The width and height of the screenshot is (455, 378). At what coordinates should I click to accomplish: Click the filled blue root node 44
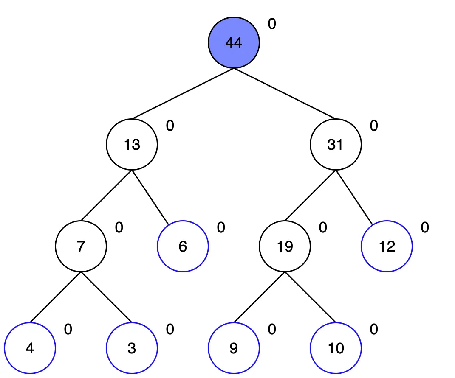[x=234, y=42]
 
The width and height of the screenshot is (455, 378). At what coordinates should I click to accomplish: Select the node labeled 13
[x=132, y=144]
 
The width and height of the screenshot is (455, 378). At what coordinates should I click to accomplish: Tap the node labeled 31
[x=336, y=144]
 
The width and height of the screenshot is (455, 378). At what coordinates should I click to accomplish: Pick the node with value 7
[x=81, y=246]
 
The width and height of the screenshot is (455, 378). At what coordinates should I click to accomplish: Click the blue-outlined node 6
[x=183, y=246]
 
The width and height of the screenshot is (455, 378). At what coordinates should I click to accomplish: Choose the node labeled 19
[x=285, y=246]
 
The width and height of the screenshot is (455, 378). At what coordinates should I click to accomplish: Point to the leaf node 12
[x=387, y=246]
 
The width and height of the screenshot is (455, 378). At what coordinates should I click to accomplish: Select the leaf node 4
[x=30, y=348]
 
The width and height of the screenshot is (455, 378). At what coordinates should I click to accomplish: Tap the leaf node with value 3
[x=132, y=348]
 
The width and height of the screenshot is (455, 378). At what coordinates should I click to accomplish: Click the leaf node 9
[x=234, y=348]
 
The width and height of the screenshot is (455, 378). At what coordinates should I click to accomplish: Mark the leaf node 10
[x=336, y=348]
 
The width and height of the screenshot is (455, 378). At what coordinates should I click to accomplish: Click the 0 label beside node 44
[x=272, y=24]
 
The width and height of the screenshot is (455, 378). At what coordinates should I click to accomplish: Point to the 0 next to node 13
[x=170, y=126]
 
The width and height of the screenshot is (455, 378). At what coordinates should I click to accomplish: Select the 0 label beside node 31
[x=374, y=126]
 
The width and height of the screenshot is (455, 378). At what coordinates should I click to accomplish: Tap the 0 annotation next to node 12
[x=425, y=227]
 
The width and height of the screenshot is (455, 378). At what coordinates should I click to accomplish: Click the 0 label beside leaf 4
[x=68, y=329]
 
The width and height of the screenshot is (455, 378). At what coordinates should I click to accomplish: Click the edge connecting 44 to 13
[x=183, y=94]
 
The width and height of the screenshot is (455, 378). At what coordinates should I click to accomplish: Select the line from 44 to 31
[x=285, y=94]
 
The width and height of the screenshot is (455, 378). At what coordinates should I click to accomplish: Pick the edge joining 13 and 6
[x=150, y=197]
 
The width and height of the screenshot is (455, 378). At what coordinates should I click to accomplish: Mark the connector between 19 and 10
[x=310, y=297]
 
